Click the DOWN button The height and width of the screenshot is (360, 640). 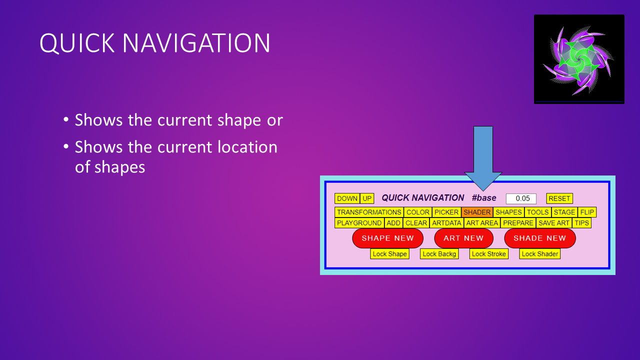(x=347, y=198)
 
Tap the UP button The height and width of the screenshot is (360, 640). (x=367, y=198)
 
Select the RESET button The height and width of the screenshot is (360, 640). (x=559, y=198)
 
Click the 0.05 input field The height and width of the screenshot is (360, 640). (x=521, y=198)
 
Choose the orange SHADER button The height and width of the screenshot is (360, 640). (x=477, y=212)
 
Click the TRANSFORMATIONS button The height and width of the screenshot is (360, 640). (x=369, y=212)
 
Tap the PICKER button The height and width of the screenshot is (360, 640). (x=446, y=212)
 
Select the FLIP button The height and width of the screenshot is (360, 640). (x=587, y=212)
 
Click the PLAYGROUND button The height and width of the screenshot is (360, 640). (x=359, y=223)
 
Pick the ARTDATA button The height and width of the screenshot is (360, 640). (x=446, y=223)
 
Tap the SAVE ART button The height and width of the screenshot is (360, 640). (x=554, y=223)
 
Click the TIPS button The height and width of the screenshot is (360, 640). (x=581, y=223)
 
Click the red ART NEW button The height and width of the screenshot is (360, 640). (x=463, y=238)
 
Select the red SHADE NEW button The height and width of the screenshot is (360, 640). (x=539, y=238)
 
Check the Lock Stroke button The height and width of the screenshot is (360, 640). (x=489, y=253)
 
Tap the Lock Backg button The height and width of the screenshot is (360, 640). (x=439, y=253)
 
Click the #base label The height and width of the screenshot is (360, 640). (x=484, y=197)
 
